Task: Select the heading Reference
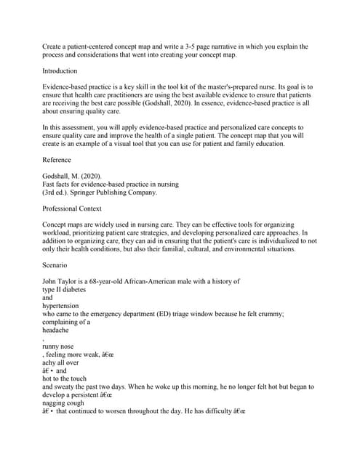click(x=57, y=160)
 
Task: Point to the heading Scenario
click(x=55, y=265)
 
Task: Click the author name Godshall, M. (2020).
click(x=75, y=176)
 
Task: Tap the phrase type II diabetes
click(x=67, y=289)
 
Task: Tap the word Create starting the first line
click(x=54, y=46)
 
